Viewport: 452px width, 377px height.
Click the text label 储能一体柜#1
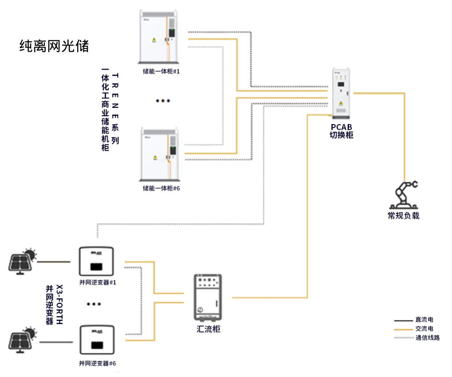161,72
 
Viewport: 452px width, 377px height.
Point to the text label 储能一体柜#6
161,188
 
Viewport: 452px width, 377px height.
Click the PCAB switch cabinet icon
341,92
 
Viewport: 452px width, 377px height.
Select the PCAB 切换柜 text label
341,131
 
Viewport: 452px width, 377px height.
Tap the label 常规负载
403,216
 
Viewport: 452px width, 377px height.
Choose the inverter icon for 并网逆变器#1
96,262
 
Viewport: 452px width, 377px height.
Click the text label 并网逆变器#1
97,283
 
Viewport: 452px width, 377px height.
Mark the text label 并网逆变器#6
97,363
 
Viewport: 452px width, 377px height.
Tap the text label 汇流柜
209,329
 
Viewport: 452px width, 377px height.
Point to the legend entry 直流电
424,320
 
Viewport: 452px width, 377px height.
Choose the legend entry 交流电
424,329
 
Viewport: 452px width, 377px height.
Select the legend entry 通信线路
428,338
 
